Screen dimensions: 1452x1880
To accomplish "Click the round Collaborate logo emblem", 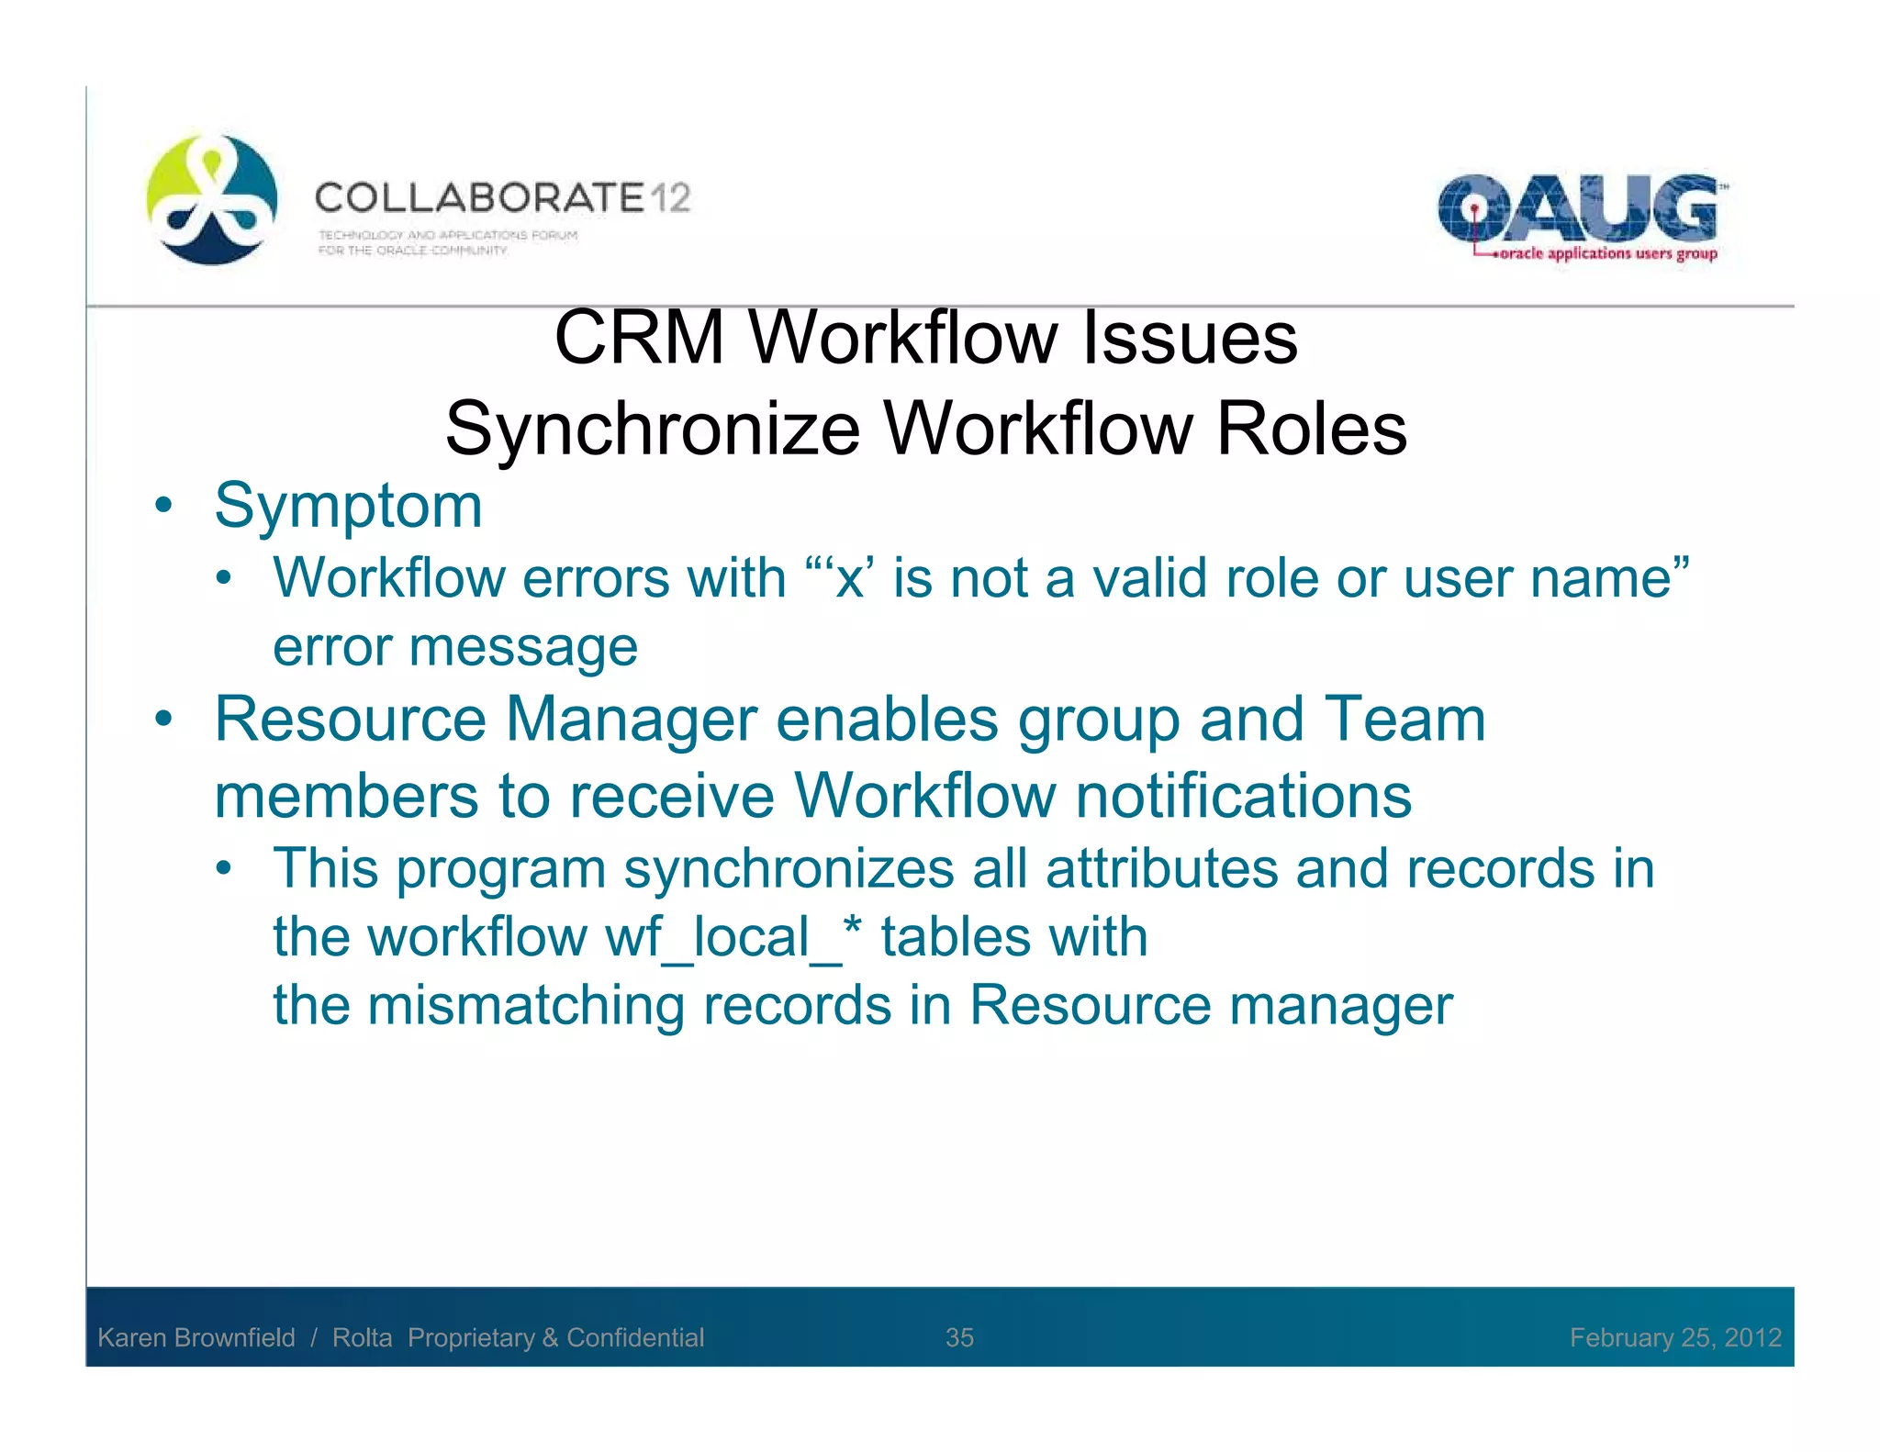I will coord(212,200).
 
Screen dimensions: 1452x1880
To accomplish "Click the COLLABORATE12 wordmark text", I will coord(502,198).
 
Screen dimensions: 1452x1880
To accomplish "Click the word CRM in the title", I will coord(640,338).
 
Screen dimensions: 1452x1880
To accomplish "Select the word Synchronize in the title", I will coord(653,430).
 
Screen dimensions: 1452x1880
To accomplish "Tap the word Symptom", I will coord(348,506).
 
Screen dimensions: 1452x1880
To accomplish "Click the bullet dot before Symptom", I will coord(163,506).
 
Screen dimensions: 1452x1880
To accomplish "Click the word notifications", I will coord(1243,796).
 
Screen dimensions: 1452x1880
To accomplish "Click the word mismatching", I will coord(526,1005).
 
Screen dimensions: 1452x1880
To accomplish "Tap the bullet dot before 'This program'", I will coord(224,868).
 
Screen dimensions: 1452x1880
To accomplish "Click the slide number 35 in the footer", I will coord(959,1337).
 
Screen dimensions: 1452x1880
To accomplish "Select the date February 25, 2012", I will coord(1674,1337).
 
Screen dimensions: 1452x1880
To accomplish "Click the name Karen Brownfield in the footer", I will coord(196,1337).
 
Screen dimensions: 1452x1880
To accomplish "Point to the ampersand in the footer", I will coord(550,1337).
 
